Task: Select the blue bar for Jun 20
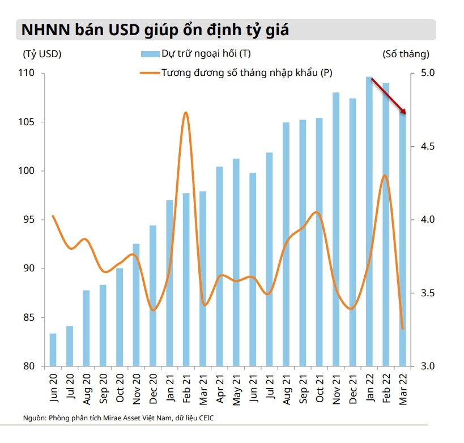[x=53, y=350]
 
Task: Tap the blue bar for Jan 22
[x=369, y=221]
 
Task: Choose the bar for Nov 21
[x=336, y=229]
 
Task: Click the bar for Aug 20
[x=86, y=328]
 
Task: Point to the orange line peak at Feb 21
[x=185, y=113]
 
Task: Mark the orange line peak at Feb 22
[x=385, y=175]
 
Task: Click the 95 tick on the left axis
[x=31, y=220]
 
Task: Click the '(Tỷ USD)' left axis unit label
[x=42, y=54]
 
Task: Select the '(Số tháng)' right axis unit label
[x=406, y=54]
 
